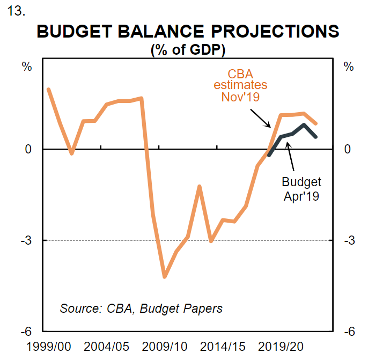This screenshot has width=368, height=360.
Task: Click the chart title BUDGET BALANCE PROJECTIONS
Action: (188, 31)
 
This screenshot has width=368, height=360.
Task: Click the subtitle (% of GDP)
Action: (188, 50)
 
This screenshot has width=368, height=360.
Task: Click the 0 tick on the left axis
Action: (27, 149)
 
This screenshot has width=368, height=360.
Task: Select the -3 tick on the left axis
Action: (25, 240)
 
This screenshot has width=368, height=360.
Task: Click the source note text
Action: (141, 308)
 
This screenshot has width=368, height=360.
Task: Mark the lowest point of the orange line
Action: (165, 277)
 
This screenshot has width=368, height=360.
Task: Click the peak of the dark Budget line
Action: (304, 125)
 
